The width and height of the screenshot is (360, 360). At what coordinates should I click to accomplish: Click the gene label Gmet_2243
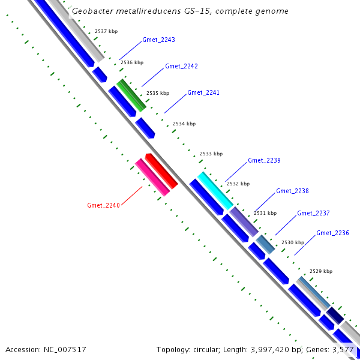158,40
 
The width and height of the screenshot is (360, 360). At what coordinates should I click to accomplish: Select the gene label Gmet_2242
181,66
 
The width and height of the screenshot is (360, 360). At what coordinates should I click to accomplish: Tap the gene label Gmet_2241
203,92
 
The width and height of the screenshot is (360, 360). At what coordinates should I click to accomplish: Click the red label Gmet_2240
104,205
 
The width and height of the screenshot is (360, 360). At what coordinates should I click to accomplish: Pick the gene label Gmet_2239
264,160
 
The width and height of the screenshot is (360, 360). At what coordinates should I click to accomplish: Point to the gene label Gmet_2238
292,191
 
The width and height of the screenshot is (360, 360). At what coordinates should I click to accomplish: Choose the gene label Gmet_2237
313,213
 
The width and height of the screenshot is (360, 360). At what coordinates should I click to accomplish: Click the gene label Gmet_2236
332,233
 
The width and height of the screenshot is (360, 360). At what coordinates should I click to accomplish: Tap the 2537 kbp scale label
106,31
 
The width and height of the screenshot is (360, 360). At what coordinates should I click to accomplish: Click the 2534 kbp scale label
184,124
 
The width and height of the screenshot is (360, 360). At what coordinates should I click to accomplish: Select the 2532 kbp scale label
238,184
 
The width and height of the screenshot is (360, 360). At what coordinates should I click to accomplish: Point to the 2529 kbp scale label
320,271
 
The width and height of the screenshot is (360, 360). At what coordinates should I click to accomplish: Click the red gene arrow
161,171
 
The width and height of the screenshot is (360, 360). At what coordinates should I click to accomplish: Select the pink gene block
152,178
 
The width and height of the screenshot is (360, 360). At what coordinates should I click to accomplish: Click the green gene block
131,95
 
